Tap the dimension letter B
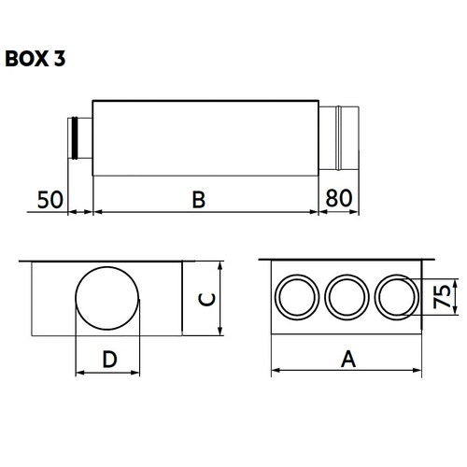(x=199, y=198)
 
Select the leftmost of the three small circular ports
(x=297, y=298)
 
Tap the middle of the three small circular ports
(x=347, y=298)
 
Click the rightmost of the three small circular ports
(x=396, y=298)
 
